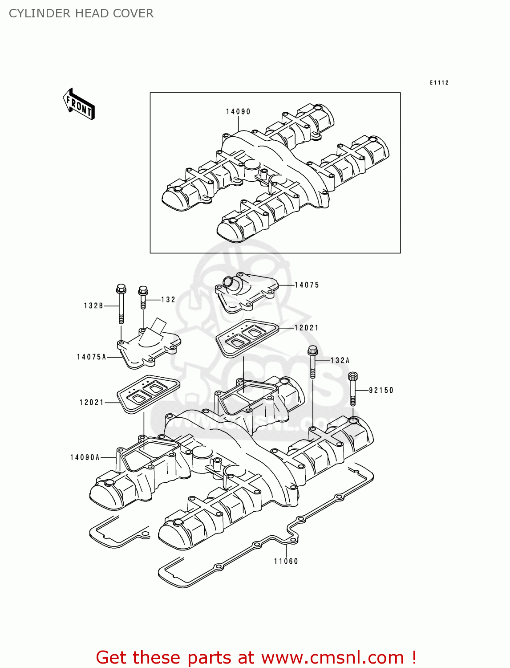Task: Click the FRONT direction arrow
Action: [79, 104]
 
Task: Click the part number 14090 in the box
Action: [238, 112]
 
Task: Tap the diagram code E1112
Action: [439, 83]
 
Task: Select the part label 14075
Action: [307, 285]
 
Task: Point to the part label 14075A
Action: [92, 357]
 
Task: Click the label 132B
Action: [93, 306]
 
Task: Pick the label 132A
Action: [340, 361]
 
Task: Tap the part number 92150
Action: [381, 391]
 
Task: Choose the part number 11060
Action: [286, 562]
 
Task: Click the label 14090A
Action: [85, 457]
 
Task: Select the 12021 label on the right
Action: [307, 328]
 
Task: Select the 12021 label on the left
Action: [92, 403]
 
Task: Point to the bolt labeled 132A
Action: [312, 361]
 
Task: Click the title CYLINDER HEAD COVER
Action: [81, 14]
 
